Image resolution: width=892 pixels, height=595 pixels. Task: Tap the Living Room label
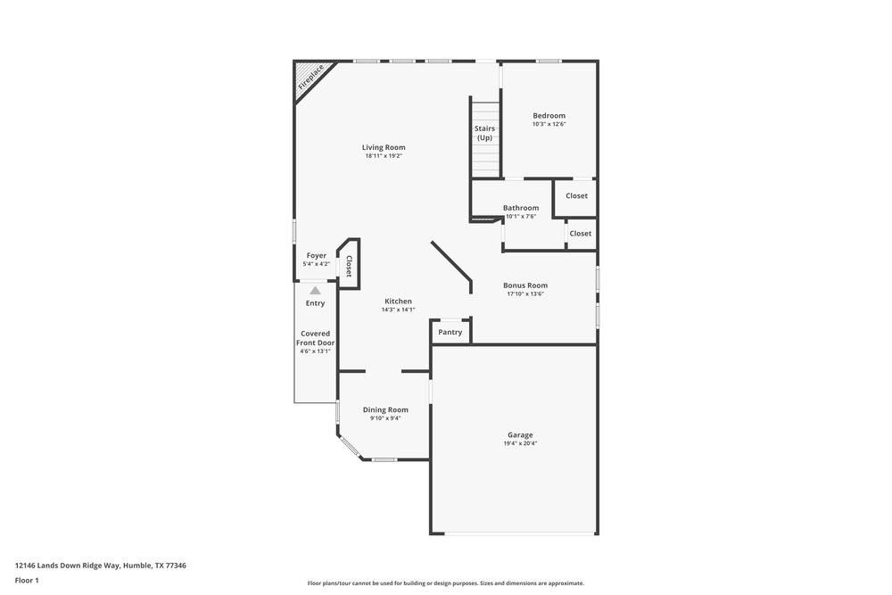[x=384, y=147]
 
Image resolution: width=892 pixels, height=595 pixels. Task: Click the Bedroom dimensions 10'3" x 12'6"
[x=549, y=124]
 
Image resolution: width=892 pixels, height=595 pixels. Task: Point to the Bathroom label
[x=520, y=208]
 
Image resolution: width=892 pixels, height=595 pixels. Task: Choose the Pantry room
[x=450, y=332]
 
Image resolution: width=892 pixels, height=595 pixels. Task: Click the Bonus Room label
[x=525, y=285]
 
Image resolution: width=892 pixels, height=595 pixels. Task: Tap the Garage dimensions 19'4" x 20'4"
[x=520, y=443]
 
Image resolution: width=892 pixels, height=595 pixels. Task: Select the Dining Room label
[x=385, y=409]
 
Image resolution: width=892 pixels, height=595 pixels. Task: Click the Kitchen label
[x=398, y=302]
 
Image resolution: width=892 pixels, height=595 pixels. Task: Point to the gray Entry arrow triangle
[x=315, y=290]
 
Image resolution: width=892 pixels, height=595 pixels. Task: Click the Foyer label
[x=317, y=255]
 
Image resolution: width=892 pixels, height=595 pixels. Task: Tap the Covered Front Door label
[x=316, y=338]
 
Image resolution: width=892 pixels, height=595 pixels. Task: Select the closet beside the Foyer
[x=349, y=265]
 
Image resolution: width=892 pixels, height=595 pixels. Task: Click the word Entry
[x=315, y=303]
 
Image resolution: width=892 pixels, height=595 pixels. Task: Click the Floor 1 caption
[x=27, y=580]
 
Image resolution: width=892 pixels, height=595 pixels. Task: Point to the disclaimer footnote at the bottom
[x=446, y=583]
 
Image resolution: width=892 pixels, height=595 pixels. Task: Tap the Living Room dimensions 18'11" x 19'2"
[x=384, y=156]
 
